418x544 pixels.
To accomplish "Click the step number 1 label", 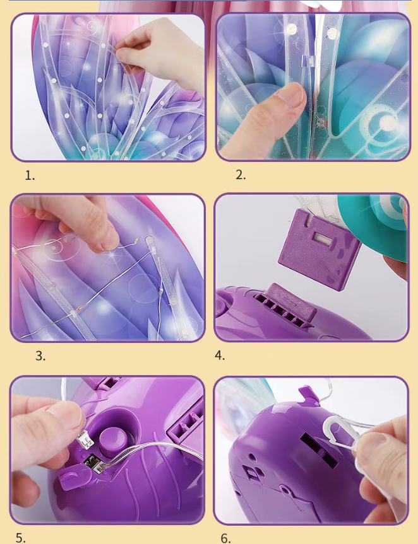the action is point(30,175).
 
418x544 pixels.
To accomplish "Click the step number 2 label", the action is point(241,175).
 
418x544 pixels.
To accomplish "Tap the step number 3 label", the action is point(40,356).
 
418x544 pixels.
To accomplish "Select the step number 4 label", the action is point(220,356).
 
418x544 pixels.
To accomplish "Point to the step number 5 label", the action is point(20,538).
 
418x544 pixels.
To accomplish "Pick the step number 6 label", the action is point(225,538).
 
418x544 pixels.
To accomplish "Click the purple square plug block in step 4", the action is point(319,249).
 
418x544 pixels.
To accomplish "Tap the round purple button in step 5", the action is point(113,440).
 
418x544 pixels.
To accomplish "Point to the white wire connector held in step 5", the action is point(85,440).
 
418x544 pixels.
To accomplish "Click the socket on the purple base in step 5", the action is point(92,465).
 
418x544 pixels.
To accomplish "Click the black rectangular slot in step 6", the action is point(319,451).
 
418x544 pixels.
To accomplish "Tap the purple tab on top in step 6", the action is point(309,395).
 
